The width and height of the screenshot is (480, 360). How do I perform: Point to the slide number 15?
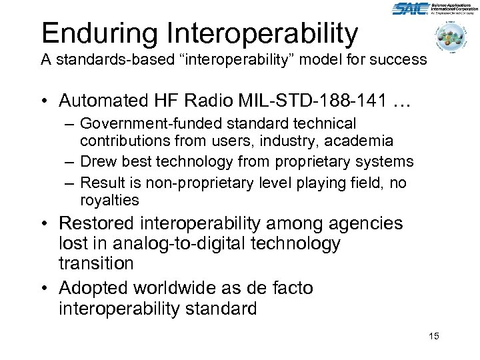pos(433,336)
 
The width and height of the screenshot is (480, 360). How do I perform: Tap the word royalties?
pos(109,201)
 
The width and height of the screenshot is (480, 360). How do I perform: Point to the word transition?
pos(96,263)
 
